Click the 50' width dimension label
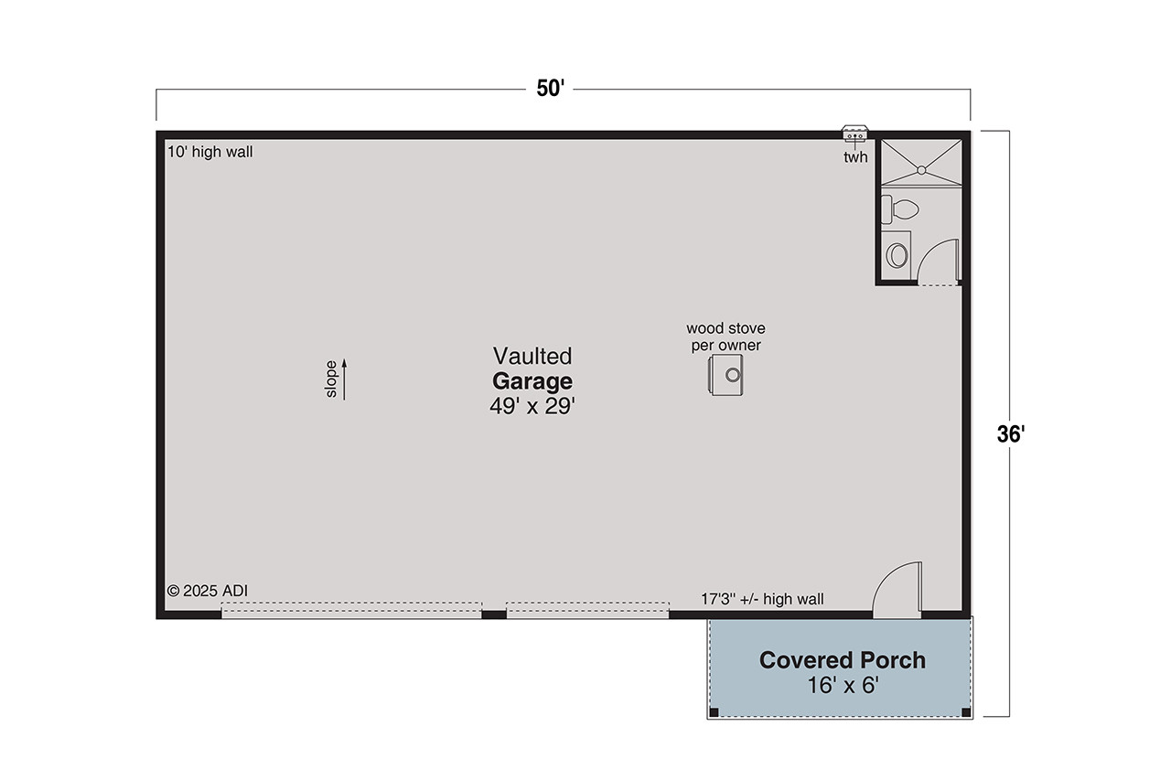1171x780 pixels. (552, 90)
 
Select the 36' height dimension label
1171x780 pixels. (1010, 434)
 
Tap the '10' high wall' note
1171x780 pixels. (209, 152)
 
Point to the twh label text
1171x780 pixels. (854, 157)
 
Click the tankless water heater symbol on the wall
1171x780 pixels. (855, 134)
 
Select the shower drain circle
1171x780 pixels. (921, 168)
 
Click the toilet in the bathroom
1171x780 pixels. (900, 209)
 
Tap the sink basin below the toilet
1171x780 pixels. (897, 254)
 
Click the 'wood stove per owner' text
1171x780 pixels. (725, 337)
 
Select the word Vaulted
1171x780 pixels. (532, 355)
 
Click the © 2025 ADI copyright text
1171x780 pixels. (207, 591)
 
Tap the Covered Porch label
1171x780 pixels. (842, 659)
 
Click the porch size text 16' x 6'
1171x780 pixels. (842, 685)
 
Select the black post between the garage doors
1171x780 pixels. (493, 614)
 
